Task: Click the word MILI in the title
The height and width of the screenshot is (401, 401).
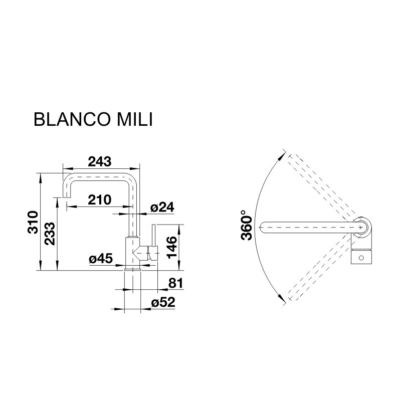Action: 135,119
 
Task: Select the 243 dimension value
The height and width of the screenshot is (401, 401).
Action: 100,161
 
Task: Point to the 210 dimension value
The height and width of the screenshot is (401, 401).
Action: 100,199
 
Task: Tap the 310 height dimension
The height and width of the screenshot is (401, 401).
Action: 33,222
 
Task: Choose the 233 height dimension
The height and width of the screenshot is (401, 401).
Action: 50,234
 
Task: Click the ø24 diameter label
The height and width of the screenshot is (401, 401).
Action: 162,207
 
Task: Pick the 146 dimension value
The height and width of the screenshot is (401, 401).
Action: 172,248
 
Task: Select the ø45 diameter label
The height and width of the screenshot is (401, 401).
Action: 101,259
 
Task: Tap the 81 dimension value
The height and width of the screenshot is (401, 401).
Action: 176,283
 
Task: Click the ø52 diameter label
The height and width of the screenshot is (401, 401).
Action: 163,302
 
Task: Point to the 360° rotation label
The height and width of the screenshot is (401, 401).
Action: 247,225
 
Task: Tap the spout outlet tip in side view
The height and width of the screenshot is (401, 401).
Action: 67,197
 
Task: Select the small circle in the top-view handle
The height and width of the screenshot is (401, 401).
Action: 361,258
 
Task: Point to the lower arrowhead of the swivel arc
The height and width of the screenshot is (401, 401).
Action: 282,298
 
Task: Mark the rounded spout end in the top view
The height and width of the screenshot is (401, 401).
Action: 262,227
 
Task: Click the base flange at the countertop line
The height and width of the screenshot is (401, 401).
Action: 132,269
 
